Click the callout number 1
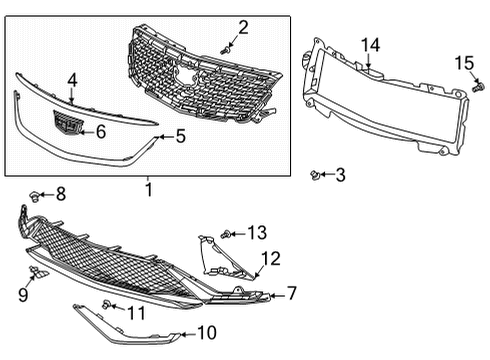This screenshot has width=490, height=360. point(148,188)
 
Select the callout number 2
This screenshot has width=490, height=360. point(243,27)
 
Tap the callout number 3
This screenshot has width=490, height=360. point(340,176)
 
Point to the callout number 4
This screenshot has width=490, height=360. point(72,80)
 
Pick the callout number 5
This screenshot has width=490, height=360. point(180,135)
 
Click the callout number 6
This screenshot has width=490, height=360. point(100,131)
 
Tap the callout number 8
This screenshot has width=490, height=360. point(60,193)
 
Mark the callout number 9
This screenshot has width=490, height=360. point(22,293)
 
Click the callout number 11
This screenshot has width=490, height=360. point(136,313)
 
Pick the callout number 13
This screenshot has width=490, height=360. point(257,233)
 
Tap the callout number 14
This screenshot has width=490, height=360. point(371,45)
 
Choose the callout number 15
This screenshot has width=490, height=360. point(464,64)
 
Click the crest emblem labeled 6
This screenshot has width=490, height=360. point(66,127)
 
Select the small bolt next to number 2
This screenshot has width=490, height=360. point(227,45)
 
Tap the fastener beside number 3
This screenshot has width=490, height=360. point(318,175)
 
